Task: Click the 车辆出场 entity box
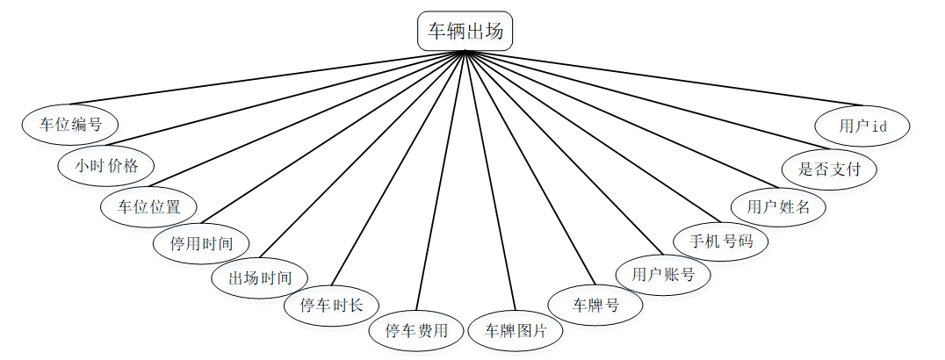point(465,32)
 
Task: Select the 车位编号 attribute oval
point(70,125)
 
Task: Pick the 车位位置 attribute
point(148,207)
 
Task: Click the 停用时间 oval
point(202,243)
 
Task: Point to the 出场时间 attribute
point(260,278)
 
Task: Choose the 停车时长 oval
point(332,306)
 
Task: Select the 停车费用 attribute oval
point(416,331)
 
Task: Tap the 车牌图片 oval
point(516,331)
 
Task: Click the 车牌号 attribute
point(595,306)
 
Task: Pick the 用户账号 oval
point(663,274)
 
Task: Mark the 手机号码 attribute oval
point(719,240)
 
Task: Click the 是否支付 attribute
point(828,169)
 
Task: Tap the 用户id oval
point(862,126)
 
